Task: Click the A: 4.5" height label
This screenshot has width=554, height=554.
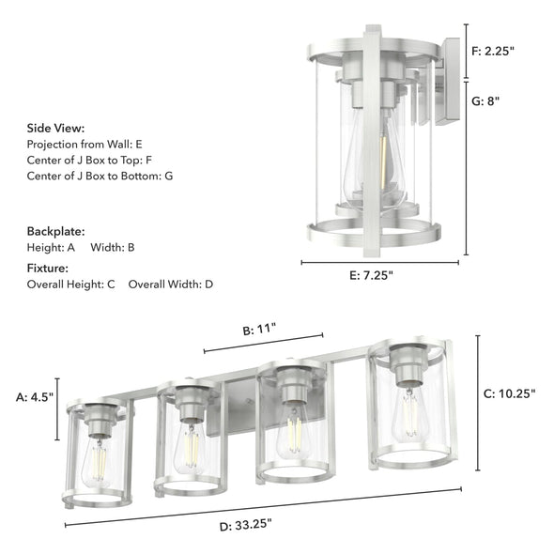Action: click(x=35, y=397)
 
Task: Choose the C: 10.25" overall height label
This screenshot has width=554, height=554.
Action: click(x=509, y=394)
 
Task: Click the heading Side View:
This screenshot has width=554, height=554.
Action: click(x=55, y=128)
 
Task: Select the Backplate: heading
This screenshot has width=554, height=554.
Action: click(x=55, y=230)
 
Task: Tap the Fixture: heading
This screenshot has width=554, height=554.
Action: click(x=49, y=268)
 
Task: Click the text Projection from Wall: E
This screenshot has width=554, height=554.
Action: click(x=85, y=145)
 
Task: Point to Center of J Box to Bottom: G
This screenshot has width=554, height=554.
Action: click(x=100, y=176)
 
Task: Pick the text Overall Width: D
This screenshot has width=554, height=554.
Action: click(x=171, y=284)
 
